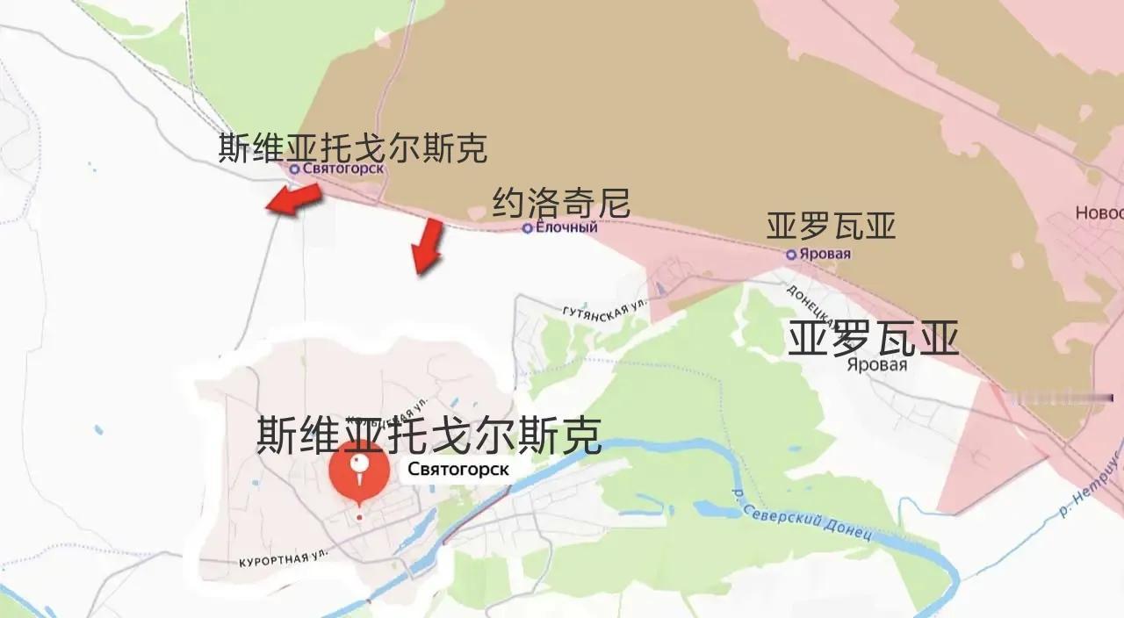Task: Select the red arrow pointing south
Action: tap(428, 246)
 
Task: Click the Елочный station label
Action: tap(566, 227)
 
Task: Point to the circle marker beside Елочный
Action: tap(527, 228)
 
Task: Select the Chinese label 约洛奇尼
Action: tap(561, 204)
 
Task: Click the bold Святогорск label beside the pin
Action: tap(458, 470)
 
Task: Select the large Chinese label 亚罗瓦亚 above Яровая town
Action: tap(872, 338)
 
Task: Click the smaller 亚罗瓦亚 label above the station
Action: tap(831, 226)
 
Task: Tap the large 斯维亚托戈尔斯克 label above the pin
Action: tap(429, 435)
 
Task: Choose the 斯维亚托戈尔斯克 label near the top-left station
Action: tap(352, 147)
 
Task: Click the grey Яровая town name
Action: tap(876, 364)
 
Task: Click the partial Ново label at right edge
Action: tap(1099, 213)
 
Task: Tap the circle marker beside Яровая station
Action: tap(791, 255)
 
